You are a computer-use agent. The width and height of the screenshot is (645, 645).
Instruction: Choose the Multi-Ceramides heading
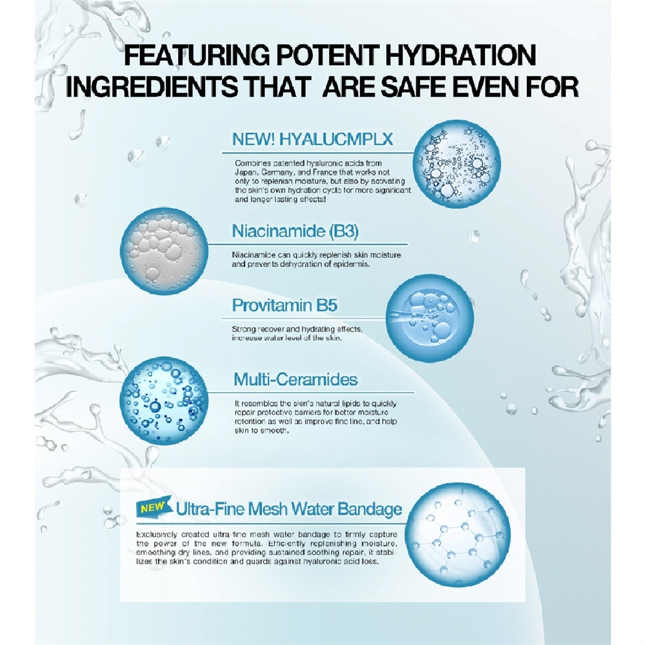coord(295,379)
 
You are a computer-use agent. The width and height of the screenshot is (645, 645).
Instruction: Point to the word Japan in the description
coord(243,173)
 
